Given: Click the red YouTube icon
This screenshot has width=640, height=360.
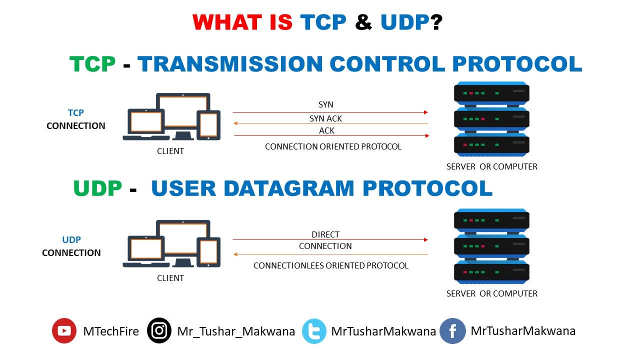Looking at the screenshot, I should (x=64, y=330).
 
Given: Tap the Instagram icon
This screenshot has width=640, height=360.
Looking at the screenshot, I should (x=159, y=330).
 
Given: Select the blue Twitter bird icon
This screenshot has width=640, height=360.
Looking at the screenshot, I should (x=314, y=331).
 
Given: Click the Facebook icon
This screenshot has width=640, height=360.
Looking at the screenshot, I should (x=452, y=331).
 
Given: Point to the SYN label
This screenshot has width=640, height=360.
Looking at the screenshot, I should (x=325, y=104).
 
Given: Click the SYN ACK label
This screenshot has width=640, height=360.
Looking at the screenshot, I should (x=325, y=118).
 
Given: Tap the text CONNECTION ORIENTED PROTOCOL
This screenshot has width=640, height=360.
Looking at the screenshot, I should (x=333, y=146).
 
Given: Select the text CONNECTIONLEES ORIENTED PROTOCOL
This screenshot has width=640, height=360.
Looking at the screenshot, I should (x=330, y=265).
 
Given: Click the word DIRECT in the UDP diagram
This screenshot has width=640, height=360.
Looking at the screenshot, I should (x=325, y=234).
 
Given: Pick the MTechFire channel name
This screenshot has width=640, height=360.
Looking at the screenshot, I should (x=111, y=331).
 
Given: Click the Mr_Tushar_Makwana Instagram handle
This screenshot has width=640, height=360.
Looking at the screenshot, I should (x=236, y=331).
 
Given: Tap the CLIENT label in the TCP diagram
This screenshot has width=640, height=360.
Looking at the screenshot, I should (x=170, y=151).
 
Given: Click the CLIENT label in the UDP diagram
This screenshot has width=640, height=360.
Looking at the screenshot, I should (x=170, y=278).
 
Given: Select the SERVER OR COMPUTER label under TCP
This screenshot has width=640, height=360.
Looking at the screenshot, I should (x=491, y=166).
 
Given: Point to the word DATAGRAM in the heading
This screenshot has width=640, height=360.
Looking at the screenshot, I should (x=289, y=188).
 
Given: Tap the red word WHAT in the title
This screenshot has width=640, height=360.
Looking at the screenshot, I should (x=227, y=22).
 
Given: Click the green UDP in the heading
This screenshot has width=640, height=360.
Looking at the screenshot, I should (x=97, y=188).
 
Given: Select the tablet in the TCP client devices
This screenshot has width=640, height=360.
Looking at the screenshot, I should (x=209, y=124).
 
